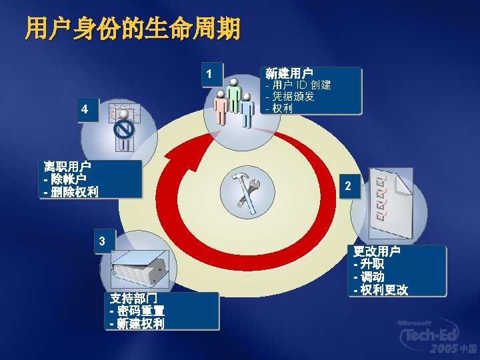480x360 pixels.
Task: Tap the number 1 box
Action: tap(211, 75)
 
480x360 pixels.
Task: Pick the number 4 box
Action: tap(85, 109)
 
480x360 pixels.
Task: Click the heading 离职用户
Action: tap(67, 167)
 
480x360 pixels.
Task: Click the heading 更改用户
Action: tap(377, 252)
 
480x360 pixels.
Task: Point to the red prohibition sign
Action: tap(125, 129)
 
